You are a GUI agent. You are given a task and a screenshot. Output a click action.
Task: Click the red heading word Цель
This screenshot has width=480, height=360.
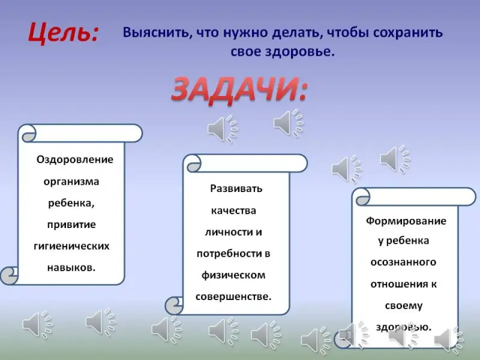[x=64, y=33]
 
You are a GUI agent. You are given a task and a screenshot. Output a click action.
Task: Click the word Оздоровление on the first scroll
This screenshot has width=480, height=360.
[x=75, y=160]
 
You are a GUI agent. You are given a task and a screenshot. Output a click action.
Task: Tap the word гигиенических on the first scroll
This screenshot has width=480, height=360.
[x=71, y=246]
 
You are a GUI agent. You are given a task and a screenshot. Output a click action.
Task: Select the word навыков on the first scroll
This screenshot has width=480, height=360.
[x=71, y=268]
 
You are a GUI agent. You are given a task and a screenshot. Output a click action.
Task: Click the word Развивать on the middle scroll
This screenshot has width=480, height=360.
[x=236, y=188]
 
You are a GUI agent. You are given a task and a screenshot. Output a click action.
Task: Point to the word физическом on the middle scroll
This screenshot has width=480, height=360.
[x=233, y=275]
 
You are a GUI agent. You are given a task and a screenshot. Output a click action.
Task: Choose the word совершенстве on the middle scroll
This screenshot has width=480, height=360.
[x=233, y=296]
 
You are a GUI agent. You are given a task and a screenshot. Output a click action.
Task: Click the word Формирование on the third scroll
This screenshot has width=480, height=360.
[x=406, y=221]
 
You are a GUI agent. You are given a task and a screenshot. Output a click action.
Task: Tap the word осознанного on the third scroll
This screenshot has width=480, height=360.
[x=403, y=262]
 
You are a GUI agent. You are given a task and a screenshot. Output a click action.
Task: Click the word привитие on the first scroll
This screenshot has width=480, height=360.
[x=71, y=224]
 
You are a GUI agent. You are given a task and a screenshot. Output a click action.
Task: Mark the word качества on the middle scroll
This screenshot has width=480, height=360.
[x=233, y=211]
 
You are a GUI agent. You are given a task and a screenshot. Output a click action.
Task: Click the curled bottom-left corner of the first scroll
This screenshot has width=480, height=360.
[x=9, y=275]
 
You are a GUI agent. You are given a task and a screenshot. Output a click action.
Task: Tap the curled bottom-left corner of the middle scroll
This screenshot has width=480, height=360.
[x=174, y=305]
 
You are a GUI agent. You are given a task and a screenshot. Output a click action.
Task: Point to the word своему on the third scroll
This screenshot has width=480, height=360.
[x=404, y=306]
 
